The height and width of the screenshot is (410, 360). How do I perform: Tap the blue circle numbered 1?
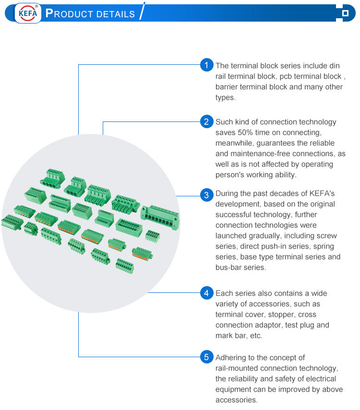[206, 65]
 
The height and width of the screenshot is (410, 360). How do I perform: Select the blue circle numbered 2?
[206, 121]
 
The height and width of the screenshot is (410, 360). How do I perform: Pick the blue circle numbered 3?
[206, 195]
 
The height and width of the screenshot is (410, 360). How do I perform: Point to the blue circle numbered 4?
[206, 292]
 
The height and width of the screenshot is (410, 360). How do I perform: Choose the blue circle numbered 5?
[206, 357]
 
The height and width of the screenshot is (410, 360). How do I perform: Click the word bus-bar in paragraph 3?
[228, 267]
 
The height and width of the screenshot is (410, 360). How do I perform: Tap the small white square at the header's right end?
[345, 13]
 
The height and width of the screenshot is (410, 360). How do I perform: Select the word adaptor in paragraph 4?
[267, 325]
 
